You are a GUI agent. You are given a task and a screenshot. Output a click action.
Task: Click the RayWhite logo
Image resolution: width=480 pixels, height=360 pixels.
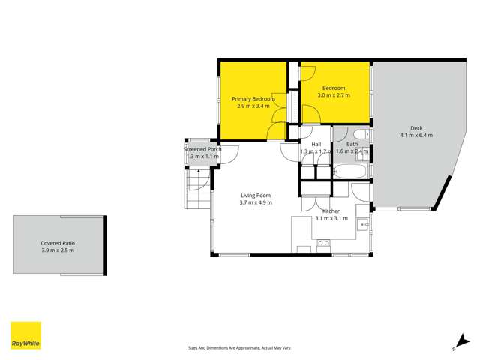click(25, 335)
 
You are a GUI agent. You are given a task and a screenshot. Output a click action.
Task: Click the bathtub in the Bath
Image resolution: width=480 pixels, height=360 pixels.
click(351, 172)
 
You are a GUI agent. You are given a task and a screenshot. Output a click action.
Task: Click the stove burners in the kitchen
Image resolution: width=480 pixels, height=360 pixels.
click(324, 243)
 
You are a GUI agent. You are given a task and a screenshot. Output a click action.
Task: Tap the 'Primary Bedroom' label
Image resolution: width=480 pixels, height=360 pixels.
click(253, 99)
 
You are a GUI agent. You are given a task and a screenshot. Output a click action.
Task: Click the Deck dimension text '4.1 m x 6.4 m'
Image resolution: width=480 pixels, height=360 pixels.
click(416, 136)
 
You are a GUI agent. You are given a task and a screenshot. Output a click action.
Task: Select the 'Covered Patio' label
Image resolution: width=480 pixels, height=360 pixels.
click(58, 244)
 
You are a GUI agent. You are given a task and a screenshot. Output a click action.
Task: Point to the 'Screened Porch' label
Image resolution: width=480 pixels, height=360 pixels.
click(202, 149)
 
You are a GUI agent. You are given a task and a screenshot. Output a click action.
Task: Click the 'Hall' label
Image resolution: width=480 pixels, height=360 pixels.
click(316, 144)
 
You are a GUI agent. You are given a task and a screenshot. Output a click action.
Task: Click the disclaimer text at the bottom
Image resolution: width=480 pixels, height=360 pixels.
click(240, 348)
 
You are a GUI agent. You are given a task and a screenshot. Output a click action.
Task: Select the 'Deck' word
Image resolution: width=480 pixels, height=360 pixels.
click(416, 127)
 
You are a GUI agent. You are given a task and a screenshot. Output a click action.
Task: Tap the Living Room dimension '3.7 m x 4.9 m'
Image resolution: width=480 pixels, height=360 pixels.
click(256, 202)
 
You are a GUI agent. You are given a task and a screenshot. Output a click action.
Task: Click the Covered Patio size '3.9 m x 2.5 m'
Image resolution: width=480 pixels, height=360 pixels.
click(58, 252)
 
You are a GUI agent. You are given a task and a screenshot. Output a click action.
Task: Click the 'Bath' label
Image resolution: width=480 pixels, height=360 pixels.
click(352, 144)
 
